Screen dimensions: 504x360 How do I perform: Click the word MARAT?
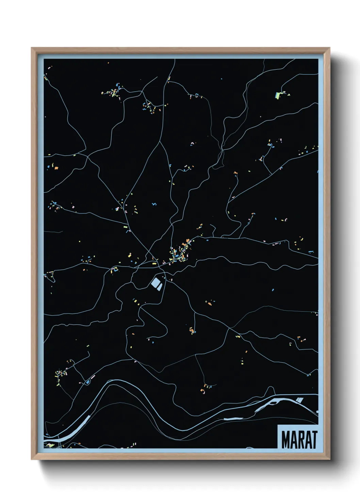[x=299, y=440]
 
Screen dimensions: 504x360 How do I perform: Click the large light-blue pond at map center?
[x=155, y=282]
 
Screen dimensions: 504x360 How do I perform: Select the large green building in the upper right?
[x=277, y=95]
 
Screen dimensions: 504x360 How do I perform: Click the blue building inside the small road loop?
[x=88, y=382]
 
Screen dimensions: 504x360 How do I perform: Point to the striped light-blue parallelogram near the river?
[x=299, y=400]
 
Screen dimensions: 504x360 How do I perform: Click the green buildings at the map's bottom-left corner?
[x=50, y=445]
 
